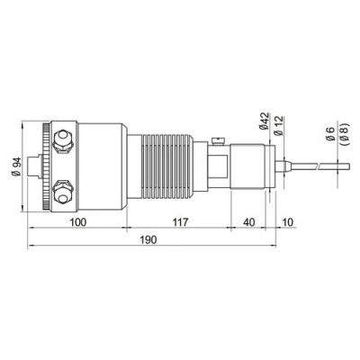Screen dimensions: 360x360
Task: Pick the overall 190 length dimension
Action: pos(149,240)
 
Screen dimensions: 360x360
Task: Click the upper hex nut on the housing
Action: pos(62,139)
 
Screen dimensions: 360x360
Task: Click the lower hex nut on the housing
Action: pos(62,190)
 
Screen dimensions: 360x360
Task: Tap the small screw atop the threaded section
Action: pos(217,138)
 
